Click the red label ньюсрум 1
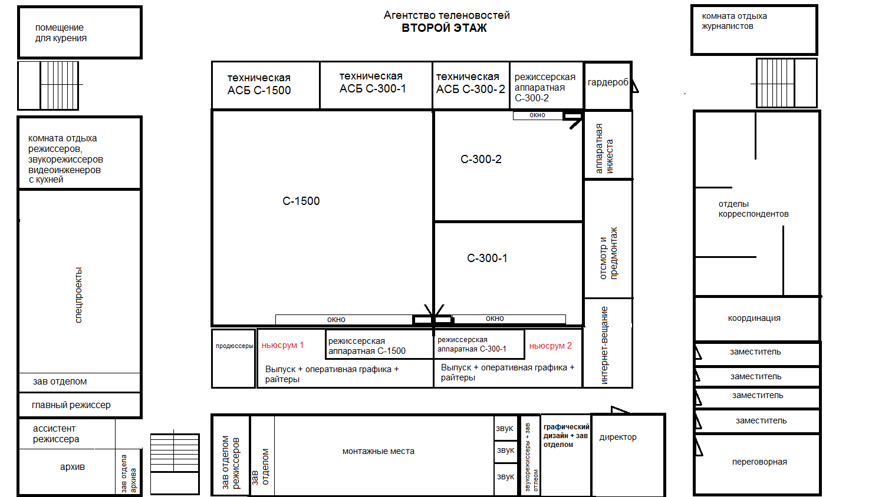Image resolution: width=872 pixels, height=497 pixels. [x=282, y=345]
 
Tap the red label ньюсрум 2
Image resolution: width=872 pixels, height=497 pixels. [x=550, y=346]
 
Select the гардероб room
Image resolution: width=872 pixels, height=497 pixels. [x=608, y=85]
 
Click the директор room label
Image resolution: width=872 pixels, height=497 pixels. [x=618, y=437]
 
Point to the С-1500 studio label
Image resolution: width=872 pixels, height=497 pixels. [x=301, y=201]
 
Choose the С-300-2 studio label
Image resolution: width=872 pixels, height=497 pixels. [x=481, y=159]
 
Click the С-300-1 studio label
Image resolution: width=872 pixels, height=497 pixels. [x=487, y=259]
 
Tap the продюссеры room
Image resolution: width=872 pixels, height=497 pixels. [x=233, y=359]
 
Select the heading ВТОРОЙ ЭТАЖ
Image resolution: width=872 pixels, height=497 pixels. [x=444, y=28]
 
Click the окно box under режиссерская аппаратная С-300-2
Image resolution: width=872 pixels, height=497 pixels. [x=538, y=115]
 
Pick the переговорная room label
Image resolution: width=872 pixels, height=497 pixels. [x=759, y=462]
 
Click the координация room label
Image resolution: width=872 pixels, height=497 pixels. [x=754, y=318]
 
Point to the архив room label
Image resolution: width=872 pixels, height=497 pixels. [x=73, y=466]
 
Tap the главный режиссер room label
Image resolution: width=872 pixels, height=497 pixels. [x=71, y=405]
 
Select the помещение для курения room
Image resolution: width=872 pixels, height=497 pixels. [x=80, y=32]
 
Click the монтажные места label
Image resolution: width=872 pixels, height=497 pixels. [x=379, y=451]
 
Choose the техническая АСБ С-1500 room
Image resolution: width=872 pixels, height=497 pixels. [x=266, y=85]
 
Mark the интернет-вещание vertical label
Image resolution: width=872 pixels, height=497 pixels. [x=604, y=345]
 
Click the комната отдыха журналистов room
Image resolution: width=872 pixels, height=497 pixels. [x=754, y=30]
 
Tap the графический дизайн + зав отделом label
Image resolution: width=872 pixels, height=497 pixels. [x=566, y=436]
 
